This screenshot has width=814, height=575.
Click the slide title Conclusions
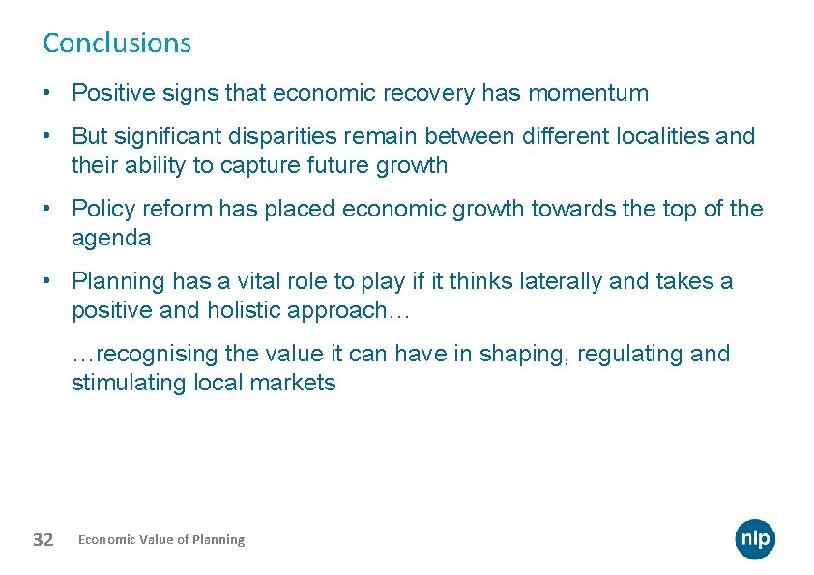[x=117, y=43]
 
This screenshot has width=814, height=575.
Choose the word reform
[x=179, y=209]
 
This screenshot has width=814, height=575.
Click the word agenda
[x=111, y=238]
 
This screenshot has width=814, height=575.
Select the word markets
[x=293, y=383]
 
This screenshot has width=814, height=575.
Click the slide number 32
[x=43, y=539]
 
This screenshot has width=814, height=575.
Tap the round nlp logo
[x=755, y=538]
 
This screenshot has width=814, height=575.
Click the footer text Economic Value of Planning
[x=161, y=539]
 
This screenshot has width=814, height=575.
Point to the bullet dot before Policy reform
[x=47, y=210]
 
